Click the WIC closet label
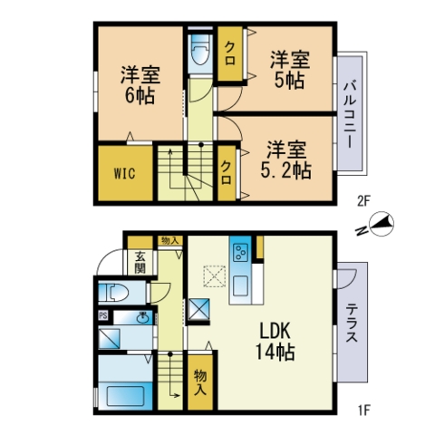[124, 174]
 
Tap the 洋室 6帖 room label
[140, 84]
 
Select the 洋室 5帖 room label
[289, 70]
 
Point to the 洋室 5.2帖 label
[285, 159]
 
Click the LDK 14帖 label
[275, 341]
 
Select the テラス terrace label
[352, 323]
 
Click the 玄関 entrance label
[140, 262]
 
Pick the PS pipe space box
[103, 315]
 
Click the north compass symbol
[382, 224]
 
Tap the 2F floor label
[363, 201]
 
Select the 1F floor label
[363, 411]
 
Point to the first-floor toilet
[114, 293]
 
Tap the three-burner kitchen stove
[241, 253]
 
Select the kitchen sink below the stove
[241, 285]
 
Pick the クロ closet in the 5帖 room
[230, 53]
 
